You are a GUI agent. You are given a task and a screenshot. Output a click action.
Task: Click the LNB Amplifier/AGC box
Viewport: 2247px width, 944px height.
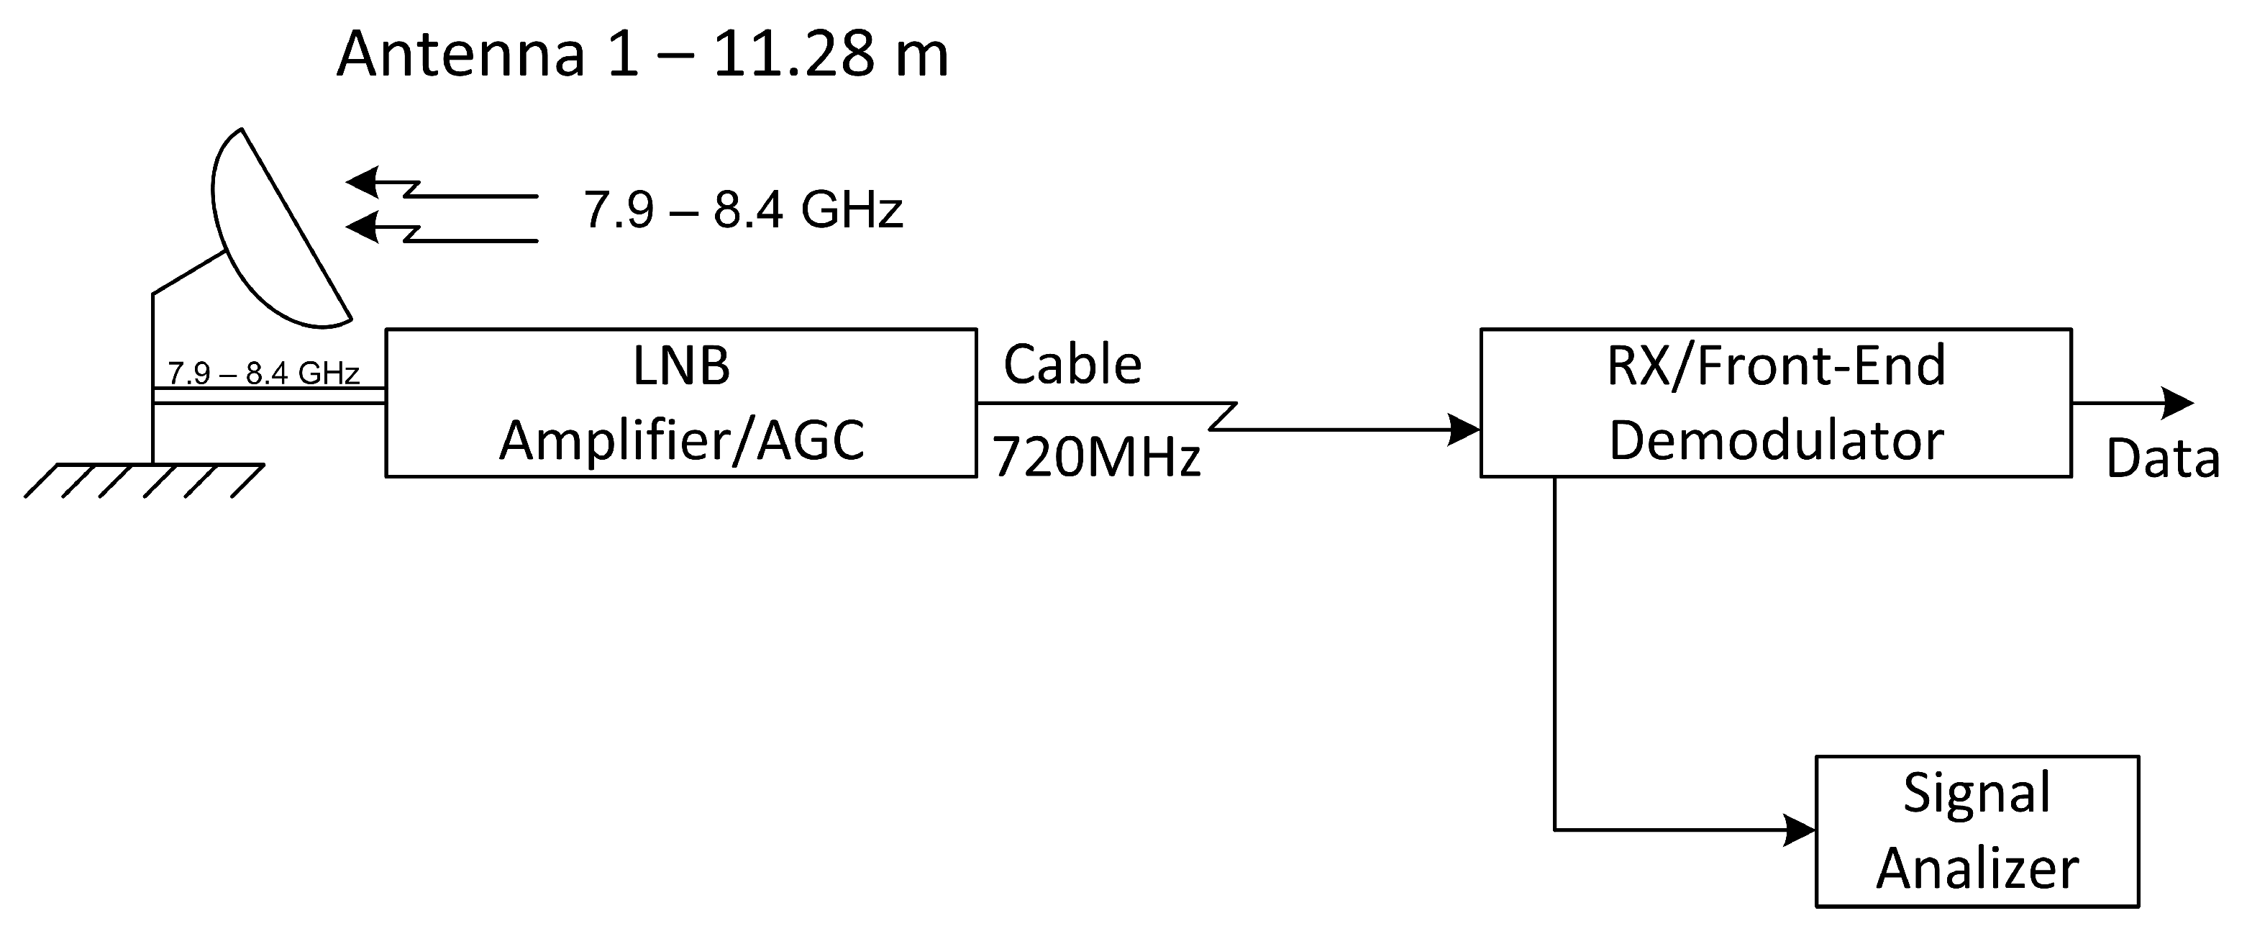click(680, 402)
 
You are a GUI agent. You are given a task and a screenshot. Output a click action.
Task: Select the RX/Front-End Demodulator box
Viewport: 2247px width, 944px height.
click(1775, 402)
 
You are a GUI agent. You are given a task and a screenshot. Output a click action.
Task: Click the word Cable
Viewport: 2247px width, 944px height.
click(1072, 365)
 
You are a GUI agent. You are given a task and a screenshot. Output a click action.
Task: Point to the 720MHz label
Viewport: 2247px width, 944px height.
click(1096, 456)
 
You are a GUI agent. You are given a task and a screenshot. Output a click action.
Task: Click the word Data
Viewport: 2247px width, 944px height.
click(2162, 458)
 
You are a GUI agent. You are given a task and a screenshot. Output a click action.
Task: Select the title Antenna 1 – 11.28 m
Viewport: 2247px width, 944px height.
click(642, 54)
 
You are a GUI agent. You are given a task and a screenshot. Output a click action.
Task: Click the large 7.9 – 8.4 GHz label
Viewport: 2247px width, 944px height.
click(742, 210)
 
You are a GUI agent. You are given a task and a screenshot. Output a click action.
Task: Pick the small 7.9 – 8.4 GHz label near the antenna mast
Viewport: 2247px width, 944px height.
click(263, 373)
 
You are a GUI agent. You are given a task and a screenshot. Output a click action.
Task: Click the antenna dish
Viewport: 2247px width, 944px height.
click(270, 235)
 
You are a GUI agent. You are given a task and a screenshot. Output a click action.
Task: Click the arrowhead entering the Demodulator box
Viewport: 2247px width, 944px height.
click(1464, 430)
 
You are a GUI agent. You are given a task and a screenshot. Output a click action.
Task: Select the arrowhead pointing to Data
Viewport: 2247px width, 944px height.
click(2177, 402)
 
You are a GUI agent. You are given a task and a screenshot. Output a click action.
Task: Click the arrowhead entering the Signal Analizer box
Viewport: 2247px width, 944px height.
click(1799, 830)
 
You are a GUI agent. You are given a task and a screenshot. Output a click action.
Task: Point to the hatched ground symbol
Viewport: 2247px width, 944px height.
click(144, 480)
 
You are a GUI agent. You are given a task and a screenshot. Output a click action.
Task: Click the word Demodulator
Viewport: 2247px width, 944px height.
click(1775, 440)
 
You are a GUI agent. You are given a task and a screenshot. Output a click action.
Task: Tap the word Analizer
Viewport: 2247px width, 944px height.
click(1977, 868)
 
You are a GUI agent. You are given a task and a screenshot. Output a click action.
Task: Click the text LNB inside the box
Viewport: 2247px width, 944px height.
click(680, 366)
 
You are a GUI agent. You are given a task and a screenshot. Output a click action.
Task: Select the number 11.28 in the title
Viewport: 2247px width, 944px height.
click(794, 54)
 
